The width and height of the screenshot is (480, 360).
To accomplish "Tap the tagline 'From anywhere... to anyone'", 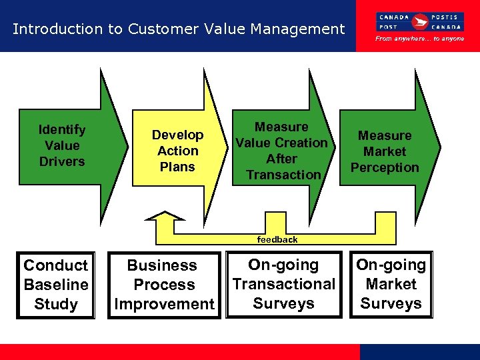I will tap(420, 39).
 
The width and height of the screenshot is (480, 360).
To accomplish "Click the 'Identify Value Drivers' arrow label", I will tap(62, 145).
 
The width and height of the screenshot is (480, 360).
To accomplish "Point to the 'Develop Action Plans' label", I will tap(177, 151).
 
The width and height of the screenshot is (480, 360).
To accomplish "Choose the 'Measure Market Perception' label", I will tap(385, 151).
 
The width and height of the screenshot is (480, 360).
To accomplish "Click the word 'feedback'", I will tap(277, 239).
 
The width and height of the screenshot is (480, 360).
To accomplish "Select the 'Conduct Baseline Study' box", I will tap(56, 285).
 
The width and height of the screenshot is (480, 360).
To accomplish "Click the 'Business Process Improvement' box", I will tap(164, 285).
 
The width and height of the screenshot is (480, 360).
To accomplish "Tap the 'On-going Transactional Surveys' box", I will tap(283, 284).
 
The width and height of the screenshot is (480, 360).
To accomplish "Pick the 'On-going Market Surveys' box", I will tap(391, 284).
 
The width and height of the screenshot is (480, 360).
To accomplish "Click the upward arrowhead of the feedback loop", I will tap(160, 216).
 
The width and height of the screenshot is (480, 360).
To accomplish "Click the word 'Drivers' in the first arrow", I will tap(62, 161).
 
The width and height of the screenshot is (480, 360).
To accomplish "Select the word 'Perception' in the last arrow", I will tap(385, 167).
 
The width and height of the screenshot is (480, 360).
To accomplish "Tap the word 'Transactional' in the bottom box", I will tap(283, 284).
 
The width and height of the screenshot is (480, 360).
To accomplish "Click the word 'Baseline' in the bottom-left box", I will tap(56, 285).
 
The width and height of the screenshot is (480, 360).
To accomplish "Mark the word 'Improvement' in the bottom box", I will tap(164, 304).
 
